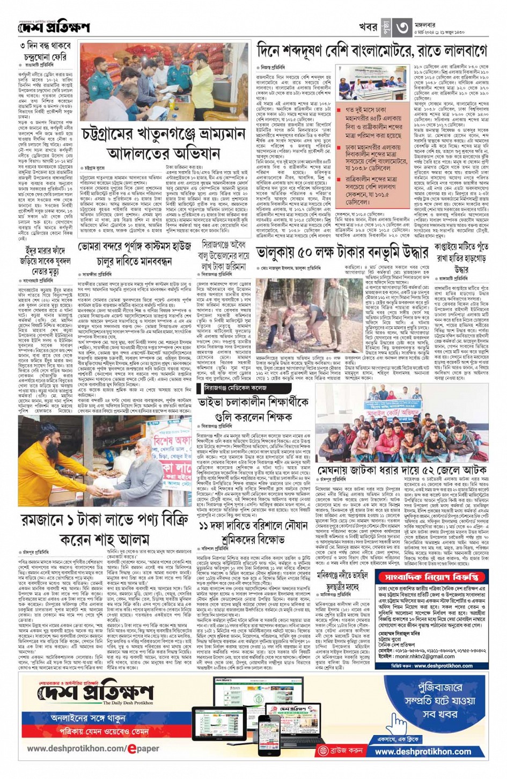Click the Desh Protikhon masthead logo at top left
coord(53,27)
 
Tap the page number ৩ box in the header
coord(403,26)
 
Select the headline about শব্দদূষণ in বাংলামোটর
coord(372,51)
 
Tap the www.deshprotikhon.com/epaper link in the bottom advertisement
coord(93,748)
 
